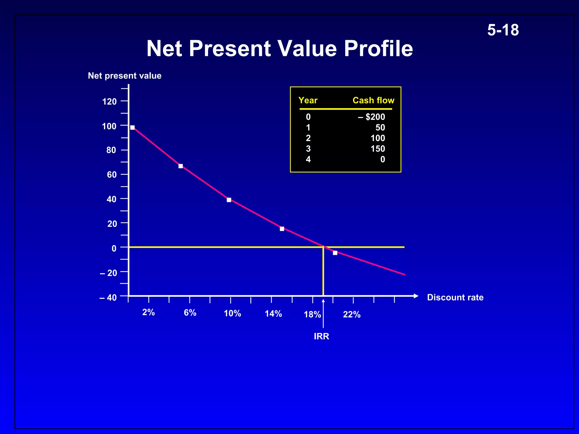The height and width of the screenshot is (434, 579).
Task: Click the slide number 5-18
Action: pos(503,30)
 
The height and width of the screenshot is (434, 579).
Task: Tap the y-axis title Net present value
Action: pos(124,76)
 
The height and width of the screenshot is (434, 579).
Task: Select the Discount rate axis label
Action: pos(455,297)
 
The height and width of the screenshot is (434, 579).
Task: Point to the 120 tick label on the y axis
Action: pos(109,101)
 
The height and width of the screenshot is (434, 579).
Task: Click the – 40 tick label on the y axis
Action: pos(108,298)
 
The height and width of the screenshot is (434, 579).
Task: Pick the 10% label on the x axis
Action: pos(232,313)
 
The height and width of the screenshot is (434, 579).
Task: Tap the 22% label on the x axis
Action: pos(351,314)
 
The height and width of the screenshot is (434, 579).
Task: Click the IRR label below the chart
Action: pos(321,336)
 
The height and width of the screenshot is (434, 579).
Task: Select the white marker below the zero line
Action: pos(335,253)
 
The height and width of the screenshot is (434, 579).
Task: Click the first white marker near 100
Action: pos(132,127)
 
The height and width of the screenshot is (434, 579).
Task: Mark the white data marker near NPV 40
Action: pos(229,200)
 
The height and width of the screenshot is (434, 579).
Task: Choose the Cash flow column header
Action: pos(373,100)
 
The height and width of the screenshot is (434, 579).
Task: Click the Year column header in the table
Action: pos(308,100)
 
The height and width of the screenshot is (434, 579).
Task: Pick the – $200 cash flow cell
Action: pos(371,117)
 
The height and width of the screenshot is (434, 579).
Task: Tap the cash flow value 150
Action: pos(378,149)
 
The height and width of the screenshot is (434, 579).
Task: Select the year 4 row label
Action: pos(308,159)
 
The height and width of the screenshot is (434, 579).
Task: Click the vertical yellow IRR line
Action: pos(323,271)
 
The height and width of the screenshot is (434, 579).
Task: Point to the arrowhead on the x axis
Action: pos(416,296)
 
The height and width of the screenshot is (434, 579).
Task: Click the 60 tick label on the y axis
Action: pos(112,175)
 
